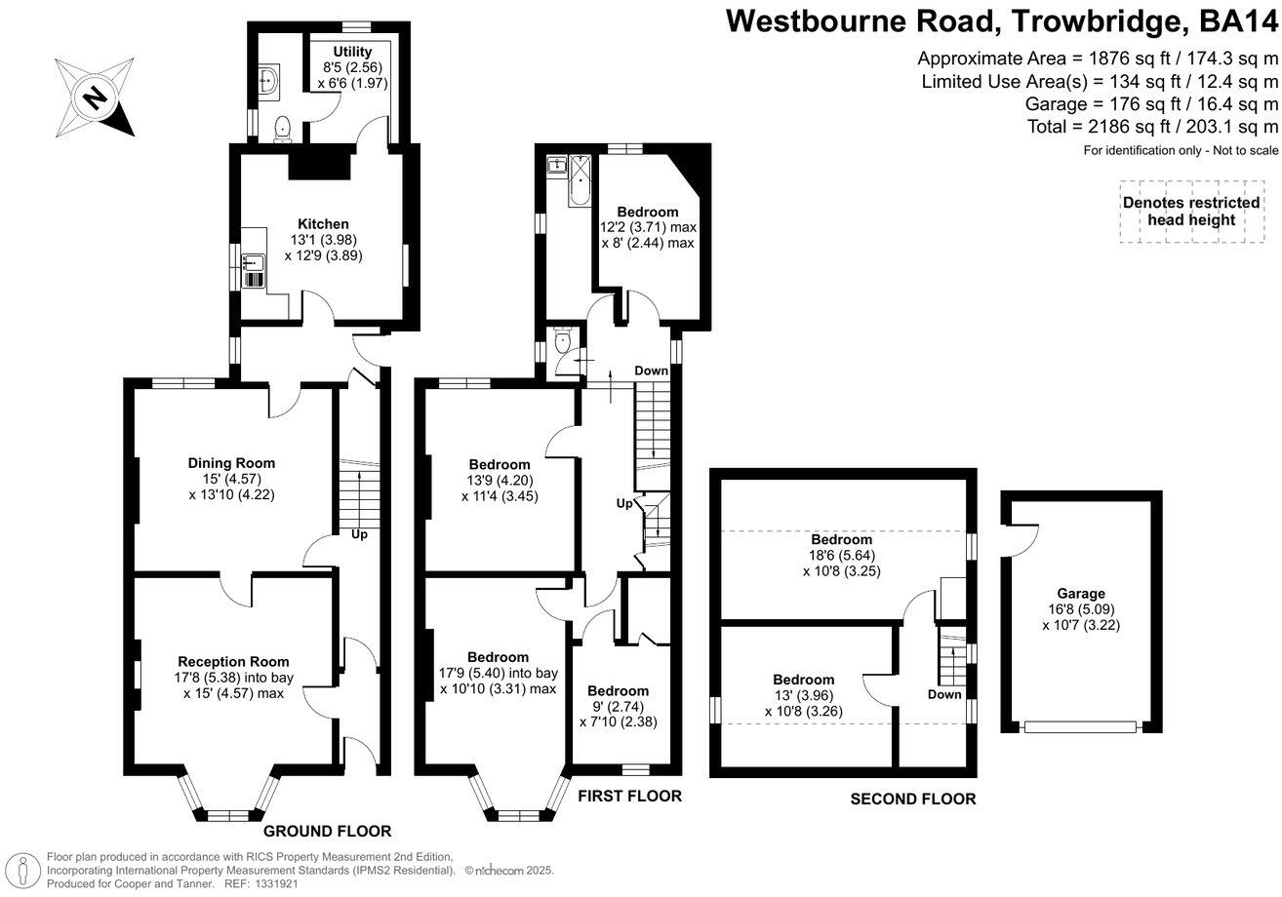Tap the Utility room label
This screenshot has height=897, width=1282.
click(x=352, y=52)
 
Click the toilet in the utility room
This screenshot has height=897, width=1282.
click(x=282, y=127)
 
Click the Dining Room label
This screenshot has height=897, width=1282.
click(x=232, y=463)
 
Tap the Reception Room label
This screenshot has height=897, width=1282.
click(x=233, y=662)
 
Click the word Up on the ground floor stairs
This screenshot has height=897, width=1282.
click(x=359, y=534)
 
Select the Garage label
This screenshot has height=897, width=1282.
click(x=1081, y=593)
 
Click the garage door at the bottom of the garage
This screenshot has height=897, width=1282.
click(x=1081, y=726)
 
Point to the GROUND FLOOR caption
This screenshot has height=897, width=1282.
click(x=328, y=832)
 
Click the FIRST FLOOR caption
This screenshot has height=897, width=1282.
click(x=629, y=797)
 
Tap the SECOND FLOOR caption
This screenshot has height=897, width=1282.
click(x=913, y=799)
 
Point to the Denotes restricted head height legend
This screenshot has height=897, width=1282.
click(x=1191, y=211)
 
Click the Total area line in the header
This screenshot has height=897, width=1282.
click(x=1152, y=127)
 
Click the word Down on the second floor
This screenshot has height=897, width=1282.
click(x=944, y=694)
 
